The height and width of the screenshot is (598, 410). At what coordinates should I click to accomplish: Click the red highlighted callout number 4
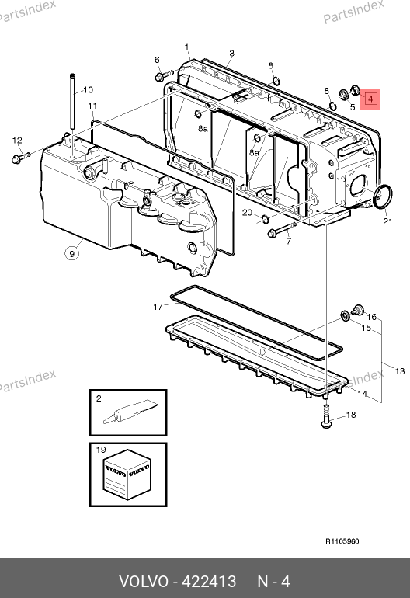point(370,99)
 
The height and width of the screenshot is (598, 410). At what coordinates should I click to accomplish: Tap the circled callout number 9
point(72,253)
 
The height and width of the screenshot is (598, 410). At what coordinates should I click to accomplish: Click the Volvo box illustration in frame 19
point(127,475)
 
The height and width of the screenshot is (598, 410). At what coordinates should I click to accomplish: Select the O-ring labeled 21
point(383,197)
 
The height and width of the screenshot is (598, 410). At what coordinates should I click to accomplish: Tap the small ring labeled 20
point(265,219)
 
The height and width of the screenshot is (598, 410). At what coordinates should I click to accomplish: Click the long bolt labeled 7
point(282,229)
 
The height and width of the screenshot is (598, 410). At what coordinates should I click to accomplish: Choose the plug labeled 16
point(358,310)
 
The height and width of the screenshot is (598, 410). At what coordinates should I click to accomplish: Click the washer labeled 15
point(346,316)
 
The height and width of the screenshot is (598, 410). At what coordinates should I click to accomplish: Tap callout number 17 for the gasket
point(158,307)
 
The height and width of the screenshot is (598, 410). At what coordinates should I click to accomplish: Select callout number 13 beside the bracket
point(400,371)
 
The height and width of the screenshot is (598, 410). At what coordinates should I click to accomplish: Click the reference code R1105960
point(342,541)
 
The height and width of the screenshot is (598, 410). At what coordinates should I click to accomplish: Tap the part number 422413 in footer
point(209,582)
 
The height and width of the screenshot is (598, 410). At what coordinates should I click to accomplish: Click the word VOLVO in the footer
point(144,582)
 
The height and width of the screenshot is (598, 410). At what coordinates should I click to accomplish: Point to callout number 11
point(92,106)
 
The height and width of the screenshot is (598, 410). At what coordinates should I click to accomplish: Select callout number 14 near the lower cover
point(362,394)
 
